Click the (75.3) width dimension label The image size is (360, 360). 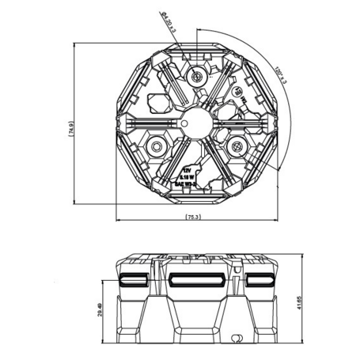(191, 216)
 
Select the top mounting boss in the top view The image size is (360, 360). (197, 76)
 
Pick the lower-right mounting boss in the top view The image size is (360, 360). (235, 147)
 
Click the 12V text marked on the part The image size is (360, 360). (187, 169)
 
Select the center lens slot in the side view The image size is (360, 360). (193, 280)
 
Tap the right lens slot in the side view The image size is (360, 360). (259, 280)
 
